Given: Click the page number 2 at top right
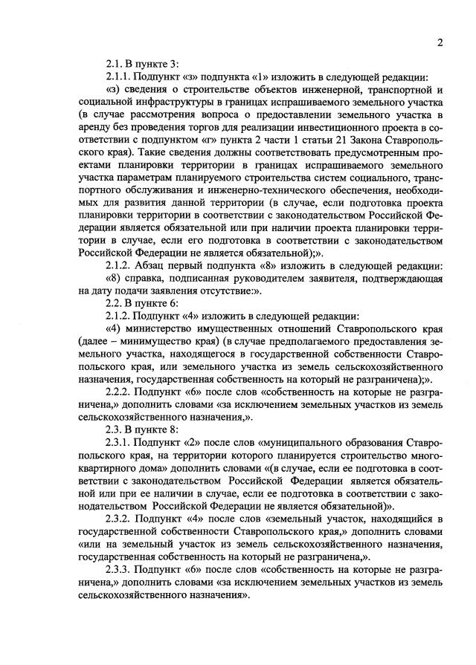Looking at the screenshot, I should (440, 42).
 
